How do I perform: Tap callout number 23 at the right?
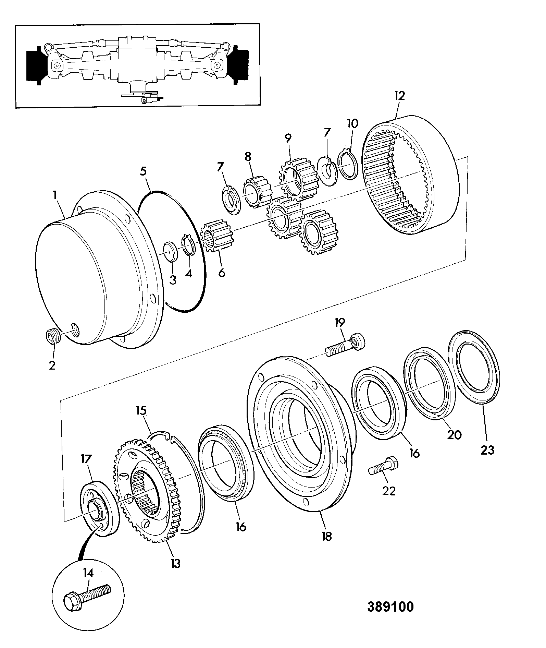click(x=487, y=449)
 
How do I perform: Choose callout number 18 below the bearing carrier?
click(x=327, y=545)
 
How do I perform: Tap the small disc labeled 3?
click(x=171, y=251)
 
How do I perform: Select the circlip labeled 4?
click(x=188, y=245)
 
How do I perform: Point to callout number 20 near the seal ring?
click(x=454, y=435)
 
